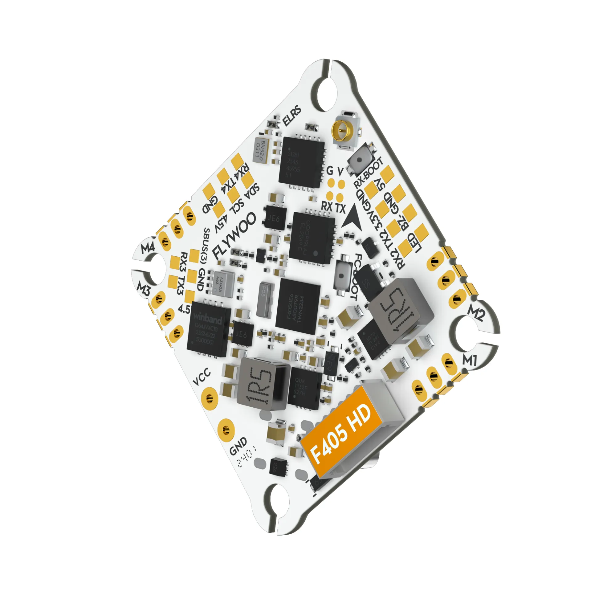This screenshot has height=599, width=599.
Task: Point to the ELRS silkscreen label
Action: coord(292,116)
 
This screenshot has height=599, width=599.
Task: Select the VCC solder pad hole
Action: coord(208,397)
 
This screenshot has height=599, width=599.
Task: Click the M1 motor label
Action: coord(469,360)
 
